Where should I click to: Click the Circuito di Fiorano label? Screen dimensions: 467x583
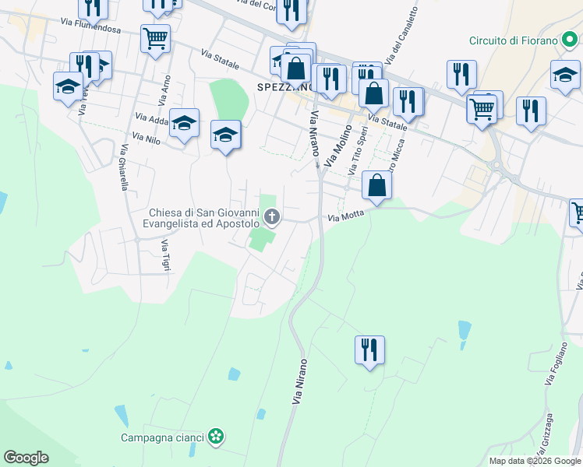pos(514,40)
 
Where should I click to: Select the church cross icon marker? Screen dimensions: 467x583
pos(272,216)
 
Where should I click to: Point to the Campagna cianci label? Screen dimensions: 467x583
pos(162,437)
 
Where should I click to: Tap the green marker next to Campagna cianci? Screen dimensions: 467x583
pos(216,437)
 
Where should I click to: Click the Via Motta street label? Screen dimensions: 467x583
pos(346,219)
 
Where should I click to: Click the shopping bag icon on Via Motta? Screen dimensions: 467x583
pos(376,185)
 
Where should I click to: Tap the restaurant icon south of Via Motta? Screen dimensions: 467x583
pos(368,349)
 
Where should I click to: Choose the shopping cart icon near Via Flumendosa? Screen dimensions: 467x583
pos(156,37)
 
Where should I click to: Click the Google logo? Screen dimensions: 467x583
pos(26,458)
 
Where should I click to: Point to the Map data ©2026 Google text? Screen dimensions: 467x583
pos(534,461)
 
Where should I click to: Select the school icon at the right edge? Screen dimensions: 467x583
pos(565,75)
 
